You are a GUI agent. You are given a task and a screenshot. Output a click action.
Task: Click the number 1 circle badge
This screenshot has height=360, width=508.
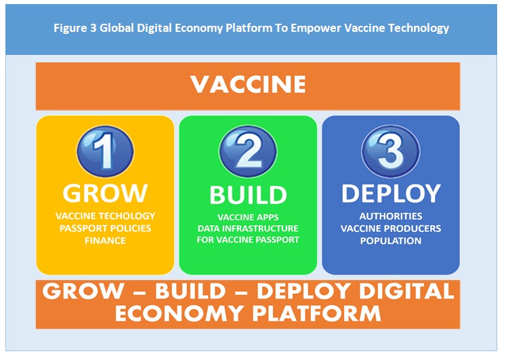click(105, 151)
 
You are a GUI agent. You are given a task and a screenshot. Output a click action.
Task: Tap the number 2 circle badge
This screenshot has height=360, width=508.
click(248, 151)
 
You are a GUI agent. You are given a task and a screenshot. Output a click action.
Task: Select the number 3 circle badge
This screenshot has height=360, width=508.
click(391, 151)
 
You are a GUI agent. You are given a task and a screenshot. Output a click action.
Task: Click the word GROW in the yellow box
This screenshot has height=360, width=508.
click(105, 193)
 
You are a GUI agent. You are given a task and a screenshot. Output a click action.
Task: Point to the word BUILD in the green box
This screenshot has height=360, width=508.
click(248, 195)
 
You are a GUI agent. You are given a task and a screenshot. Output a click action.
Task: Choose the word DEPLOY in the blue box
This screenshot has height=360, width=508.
click(391, 194)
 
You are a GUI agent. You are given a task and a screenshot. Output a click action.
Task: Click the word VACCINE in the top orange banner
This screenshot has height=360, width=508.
click(248, 84)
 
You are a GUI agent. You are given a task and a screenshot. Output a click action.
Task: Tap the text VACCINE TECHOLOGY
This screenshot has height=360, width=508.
click(105, 216)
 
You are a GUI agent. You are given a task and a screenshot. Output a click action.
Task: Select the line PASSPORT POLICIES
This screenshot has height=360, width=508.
click(105, 228)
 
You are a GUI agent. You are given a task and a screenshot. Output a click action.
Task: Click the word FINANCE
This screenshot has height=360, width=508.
click(105, 241)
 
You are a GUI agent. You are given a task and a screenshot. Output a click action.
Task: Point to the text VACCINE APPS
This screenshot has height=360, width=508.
click(248, 218)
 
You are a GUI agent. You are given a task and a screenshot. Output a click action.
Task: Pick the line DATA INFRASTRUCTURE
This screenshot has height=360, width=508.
click(248, 228)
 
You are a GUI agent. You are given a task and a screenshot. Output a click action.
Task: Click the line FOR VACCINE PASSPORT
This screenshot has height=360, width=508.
click(248, 240)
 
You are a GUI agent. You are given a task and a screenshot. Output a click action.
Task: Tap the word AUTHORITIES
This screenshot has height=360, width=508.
click(391, 216)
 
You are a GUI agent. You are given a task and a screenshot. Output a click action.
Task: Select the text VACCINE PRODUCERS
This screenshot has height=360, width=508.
click(391, 228)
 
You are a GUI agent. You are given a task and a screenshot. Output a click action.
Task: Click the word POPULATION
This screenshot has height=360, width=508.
click(391, 241)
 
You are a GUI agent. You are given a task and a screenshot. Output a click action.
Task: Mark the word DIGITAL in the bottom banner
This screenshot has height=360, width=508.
click(406, 291)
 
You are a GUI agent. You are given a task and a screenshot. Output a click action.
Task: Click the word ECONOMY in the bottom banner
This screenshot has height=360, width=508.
click(179, 314)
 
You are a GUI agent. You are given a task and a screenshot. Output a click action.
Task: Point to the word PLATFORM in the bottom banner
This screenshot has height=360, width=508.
click(316, 314)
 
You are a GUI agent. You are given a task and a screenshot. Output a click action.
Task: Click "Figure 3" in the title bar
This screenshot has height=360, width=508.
click(75, 28)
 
